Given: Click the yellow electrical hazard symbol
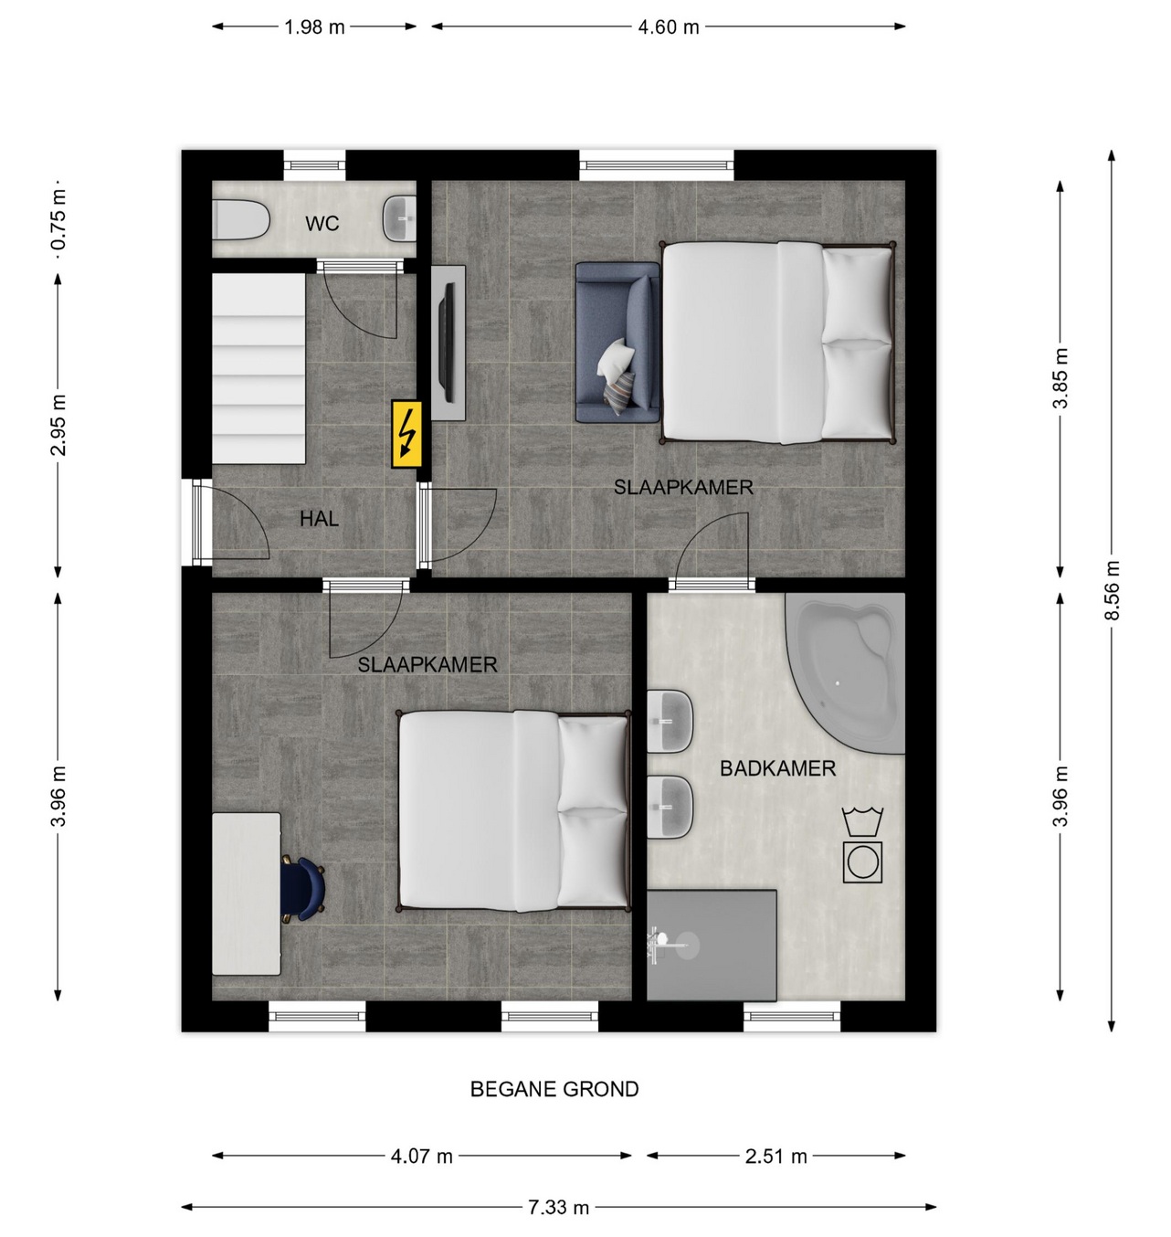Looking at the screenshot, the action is pyautogui.click(x=406, y=434).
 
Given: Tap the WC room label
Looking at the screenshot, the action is pyautogui.click(x=322, y=223).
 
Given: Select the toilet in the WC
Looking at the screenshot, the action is pyautogui.click(x=240, y=219).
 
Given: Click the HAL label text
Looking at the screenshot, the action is pyautogui.click(x=319, y=519).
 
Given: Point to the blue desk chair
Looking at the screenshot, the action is pyautogui.click(x=304, y=889).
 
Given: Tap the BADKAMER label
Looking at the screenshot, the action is pyautogui.click(x=777, y=768).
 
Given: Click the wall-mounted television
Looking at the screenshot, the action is pyautogui.click(x=448, y=343).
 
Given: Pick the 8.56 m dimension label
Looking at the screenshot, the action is pyautogui.click(x=1113, y=590).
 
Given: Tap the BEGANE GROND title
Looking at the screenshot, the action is pyautogui.click(x=554, y=1089).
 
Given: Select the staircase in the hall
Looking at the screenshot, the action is pyautogui.click(x=258, y=369).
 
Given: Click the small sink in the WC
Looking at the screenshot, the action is pyautogui.click(x=399, y=218).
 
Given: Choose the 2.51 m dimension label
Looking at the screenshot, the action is pyautogui.click(x=775, y=1156).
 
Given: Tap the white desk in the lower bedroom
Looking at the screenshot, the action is pyautogui.click(x=246, y=893).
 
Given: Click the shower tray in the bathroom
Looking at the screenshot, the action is pyautogui.click(x=712, y=945).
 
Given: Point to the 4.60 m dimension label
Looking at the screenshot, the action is pyautogui.click(x=669, y=27).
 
